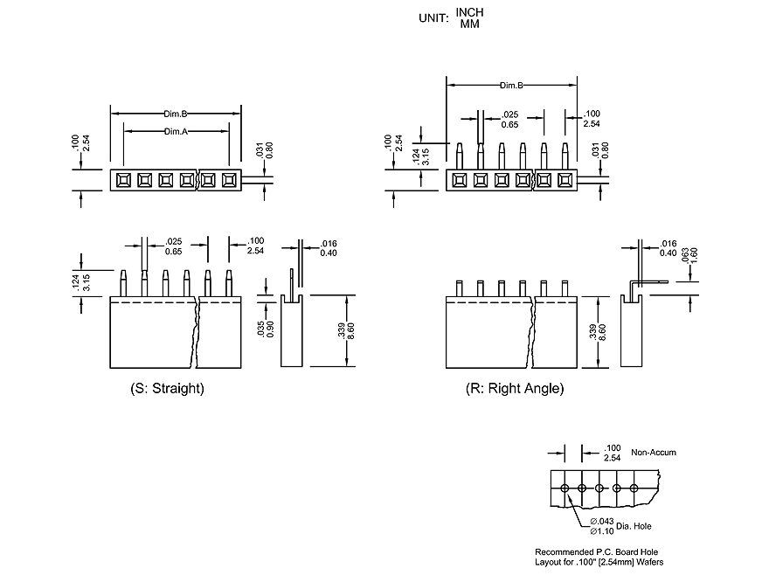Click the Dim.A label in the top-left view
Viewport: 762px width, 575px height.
click(176, 131)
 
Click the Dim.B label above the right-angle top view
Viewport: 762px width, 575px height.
click(511, 86)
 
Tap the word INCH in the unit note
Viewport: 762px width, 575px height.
click(469, 12)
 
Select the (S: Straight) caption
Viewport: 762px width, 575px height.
click(167, 388)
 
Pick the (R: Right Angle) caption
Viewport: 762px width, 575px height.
click(515, 388)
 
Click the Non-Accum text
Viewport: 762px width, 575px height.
click(653, 453)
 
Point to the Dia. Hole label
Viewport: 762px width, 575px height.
click(634, 526)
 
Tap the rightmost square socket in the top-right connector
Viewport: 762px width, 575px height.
click(565, 180)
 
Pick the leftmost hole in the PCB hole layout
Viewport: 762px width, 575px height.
click(565, 487)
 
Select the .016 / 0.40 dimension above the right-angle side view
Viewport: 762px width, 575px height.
click(668, 247)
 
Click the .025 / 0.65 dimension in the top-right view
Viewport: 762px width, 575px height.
click(511, 120)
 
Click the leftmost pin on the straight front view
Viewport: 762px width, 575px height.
click(123, 283)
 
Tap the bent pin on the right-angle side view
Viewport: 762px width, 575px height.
click(644, 283)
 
